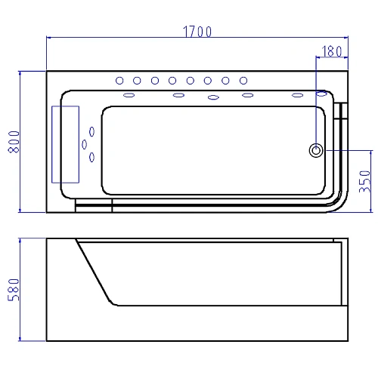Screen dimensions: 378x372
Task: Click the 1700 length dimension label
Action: point(197,32)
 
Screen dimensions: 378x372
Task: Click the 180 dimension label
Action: point(332,51)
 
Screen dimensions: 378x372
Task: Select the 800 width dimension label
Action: point(14,142)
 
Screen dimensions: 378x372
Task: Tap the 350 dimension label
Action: point(365,181)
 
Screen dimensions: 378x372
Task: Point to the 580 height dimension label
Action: point(14,290)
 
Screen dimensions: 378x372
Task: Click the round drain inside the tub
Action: point(316,150)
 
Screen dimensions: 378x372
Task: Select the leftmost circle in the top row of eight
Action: point(119,81)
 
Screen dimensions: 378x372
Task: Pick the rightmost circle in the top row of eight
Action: point(243,81)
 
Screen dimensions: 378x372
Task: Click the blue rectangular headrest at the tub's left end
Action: point(66,144)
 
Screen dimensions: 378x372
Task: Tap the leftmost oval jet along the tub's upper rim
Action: point(129,95)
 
